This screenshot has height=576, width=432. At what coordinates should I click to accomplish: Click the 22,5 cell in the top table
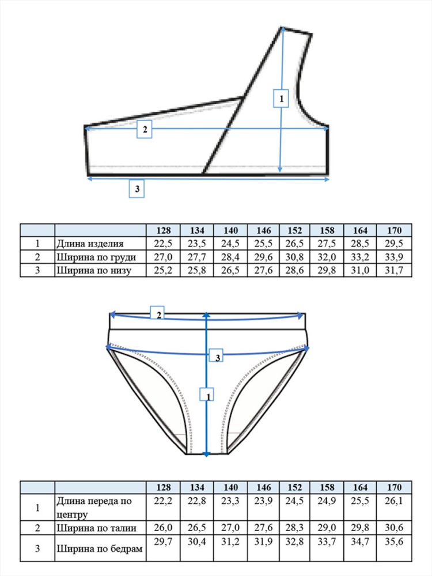163,244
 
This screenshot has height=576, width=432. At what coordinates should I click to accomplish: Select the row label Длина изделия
90,244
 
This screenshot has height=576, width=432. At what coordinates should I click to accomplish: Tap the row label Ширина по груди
96,257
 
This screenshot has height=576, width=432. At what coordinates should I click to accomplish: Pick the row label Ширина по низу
94,270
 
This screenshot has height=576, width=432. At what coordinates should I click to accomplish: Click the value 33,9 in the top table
394,257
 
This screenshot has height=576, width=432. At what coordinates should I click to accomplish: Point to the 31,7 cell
394,270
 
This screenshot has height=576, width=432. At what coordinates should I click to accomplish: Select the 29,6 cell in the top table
263,257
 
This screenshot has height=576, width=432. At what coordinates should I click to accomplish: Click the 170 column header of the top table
394,230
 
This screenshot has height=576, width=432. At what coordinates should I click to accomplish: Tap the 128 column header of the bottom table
164,487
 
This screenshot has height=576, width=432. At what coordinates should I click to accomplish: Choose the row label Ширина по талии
96,528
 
